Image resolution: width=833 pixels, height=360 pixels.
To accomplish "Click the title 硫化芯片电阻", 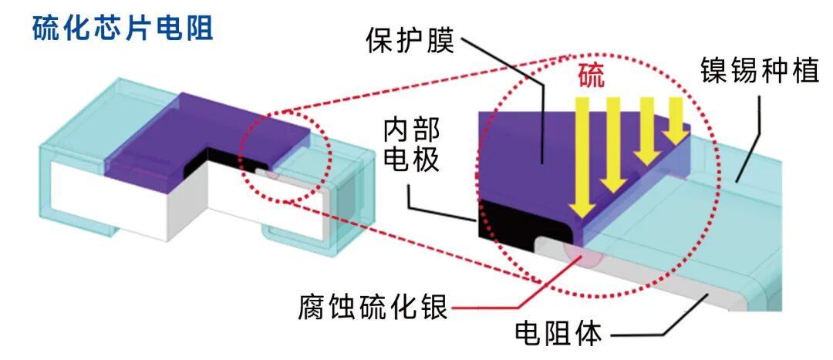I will coord(123,29).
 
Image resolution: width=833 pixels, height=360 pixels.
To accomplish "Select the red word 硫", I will coord(592,77).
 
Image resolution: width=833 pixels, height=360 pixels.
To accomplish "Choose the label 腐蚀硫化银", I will coord(372,308).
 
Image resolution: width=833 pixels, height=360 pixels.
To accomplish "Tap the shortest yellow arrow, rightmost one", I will coord(676,119).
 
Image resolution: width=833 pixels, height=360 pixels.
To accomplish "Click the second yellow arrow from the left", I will coord(614,143).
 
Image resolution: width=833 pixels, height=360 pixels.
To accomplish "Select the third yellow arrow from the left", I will coord(646,131).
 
